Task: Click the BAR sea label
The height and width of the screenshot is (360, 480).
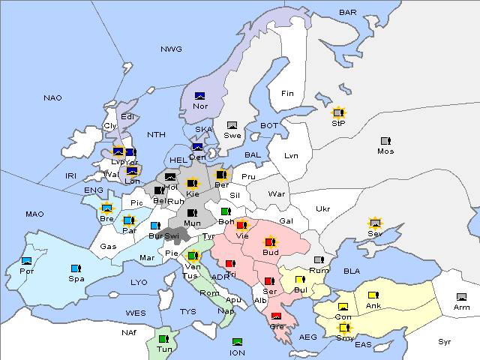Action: tap(348, 13)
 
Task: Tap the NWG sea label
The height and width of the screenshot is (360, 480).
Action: tap(171, 49)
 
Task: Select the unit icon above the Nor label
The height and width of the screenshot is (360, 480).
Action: tap(200, 95)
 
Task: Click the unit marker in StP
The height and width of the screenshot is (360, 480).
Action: tap(338, 112)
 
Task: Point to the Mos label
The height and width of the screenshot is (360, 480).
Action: tap(385, 151)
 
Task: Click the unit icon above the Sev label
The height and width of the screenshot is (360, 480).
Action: tap(375, 223)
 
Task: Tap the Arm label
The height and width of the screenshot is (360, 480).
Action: tap(461, 307)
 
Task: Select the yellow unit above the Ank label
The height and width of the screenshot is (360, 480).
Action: tap(373, 295)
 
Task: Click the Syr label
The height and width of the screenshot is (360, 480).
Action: tap(445, 341)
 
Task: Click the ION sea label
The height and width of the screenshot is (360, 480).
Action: tap(237, 352)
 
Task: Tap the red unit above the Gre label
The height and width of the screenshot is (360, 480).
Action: tap(276, 316)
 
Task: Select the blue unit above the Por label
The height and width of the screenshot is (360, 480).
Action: tap(27, 261)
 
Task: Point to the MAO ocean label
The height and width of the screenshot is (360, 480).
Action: tap(34, 214)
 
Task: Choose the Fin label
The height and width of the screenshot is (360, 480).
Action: tap(287, 94)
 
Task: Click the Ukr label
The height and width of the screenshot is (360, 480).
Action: tap(322, 208)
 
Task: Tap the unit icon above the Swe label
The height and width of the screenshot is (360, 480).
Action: tap(232, 124)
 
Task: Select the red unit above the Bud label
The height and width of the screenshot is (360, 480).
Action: tap(270, 242)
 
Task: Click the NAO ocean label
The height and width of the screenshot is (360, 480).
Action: tap(52, 97)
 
